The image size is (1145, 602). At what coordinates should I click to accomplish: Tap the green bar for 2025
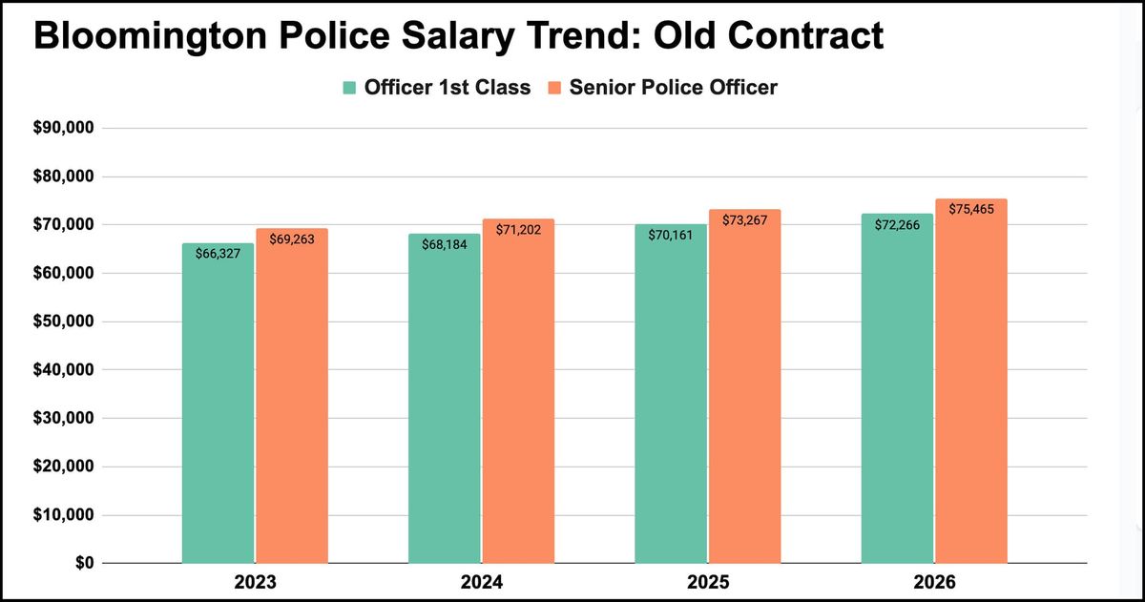pos(671,396)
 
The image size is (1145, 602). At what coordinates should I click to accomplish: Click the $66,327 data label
pos(218,254)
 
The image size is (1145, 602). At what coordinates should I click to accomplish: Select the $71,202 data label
pos(518,230)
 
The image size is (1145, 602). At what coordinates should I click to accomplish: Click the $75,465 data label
pos(971,209)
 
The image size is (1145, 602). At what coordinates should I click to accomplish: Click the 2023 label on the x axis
pos(254,582)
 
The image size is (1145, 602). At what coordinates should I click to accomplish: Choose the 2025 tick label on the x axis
pos(707,582)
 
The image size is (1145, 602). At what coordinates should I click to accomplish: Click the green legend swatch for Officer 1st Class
pos(350,88)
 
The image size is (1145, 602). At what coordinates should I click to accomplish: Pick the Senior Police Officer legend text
pos(673,88)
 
